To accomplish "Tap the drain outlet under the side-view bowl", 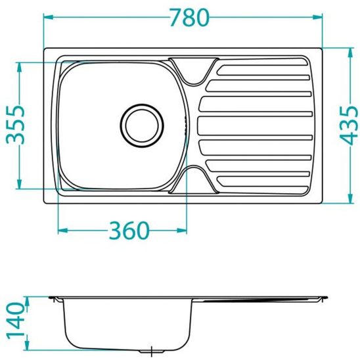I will tap(153, 352).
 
